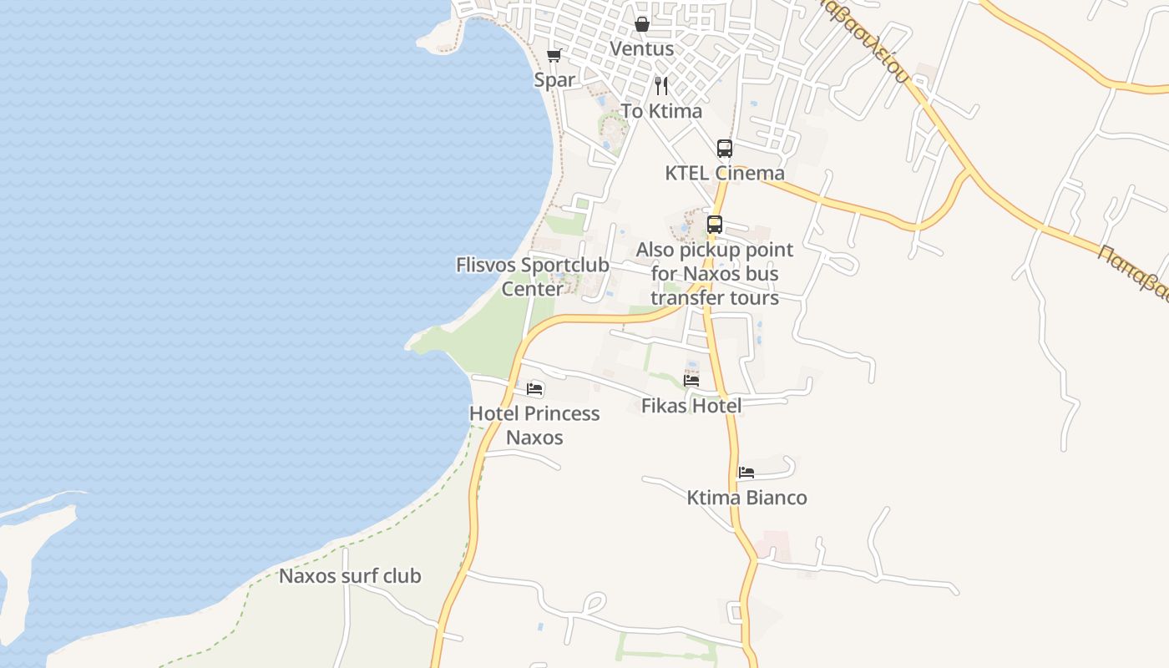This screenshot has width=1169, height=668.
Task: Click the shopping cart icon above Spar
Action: (x=554, y=56)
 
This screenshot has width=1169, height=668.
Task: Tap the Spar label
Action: (x=554, y=79)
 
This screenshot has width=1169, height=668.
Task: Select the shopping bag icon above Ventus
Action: (x=642, y=24)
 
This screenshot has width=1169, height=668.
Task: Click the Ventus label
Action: (x=641, y=48)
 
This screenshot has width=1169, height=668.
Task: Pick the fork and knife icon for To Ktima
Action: (x=661, y=85)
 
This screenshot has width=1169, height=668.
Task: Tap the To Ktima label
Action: (x=661, y=111)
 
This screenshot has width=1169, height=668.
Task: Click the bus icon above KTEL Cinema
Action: (x=725, y=149)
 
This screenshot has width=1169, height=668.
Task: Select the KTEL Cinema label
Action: (x=725, y=173)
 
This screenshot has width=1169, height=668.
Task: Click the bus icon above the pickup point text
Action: (x=715, y=225)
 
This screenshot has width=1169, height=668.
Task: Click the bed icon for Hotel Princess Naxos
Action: (x=534, y=389)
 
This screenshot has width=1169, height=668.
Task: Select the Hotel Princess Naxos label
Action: (x=534, y=425)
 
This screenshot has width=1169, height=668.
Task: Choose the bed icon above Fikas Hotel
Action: (x=691, y=381)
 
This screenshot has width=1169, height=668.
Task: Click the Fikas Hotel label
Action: (x=691, y=406)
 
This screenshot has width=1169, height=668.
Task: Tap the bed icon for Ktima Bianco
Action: (x=746, y=473)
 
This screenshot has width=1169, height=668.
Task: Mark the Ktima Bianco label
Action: (x=746, y=498)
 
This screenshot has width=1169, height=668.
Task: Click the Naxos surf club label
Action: (x=350, y=576)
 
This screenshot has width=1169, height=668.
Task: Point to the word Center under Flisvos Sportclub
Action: (x=532, y=289)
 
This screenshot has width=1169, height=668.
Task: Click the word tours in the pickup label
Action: (x=755, y=298)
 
